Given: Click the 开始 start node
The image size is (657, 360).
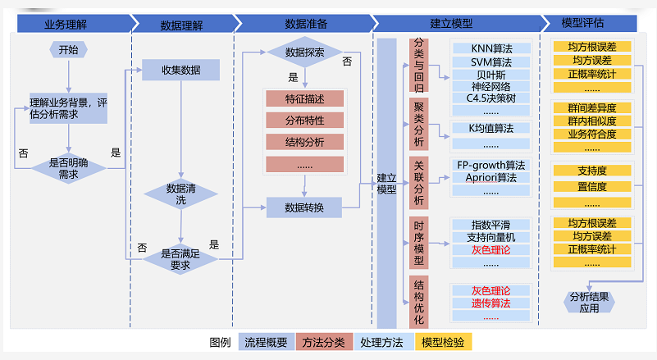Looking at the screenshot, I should (x=69, y=50).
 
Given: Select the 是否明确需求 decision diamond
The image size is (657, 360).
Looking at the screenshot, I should (x=69, y=169).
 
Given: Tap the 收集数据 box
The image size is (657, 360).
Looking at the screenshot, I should (x=180, y=70).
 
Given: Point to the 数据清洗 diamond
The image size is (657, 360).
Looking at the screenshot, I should (x=180, y=194).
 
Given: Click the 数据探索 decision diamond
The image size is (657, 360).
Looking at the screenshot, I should (x=304, y=52).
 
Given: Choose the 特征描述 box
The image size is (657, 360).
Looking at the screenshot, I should (x=304, y=99).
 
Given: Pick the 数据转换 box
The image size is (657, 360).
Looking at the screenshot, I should (x=304, y=207).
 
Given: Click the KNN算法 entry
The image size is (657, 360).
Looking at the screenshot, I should (x=490, y=48).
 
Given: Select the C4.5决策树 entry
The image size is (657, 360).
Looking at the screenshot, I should (x=490, y=98).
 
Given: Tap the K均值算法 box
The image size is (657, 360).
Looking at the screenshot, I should (x=490, y=128).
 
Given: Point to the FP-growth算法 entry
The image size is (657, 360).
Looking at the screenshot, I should (x=490, y=165).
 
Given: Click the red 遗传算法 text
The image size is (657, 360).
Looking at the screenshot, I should (x=490, y=303).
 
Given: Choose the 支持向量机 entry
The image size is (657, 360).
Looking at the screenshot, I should (x=490, y=237).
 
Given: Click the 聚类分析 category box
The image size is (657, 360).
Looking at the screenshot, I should (x=419, y=123).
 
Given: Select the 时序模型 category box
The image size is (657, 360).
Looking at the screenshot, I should (x=419, y=242).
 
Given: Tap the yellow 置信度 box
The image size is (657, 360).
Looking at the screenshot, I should (x=591, y=186).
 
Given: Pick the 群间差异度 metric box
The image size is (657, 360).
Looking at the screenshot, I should (x=591, y=108).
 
